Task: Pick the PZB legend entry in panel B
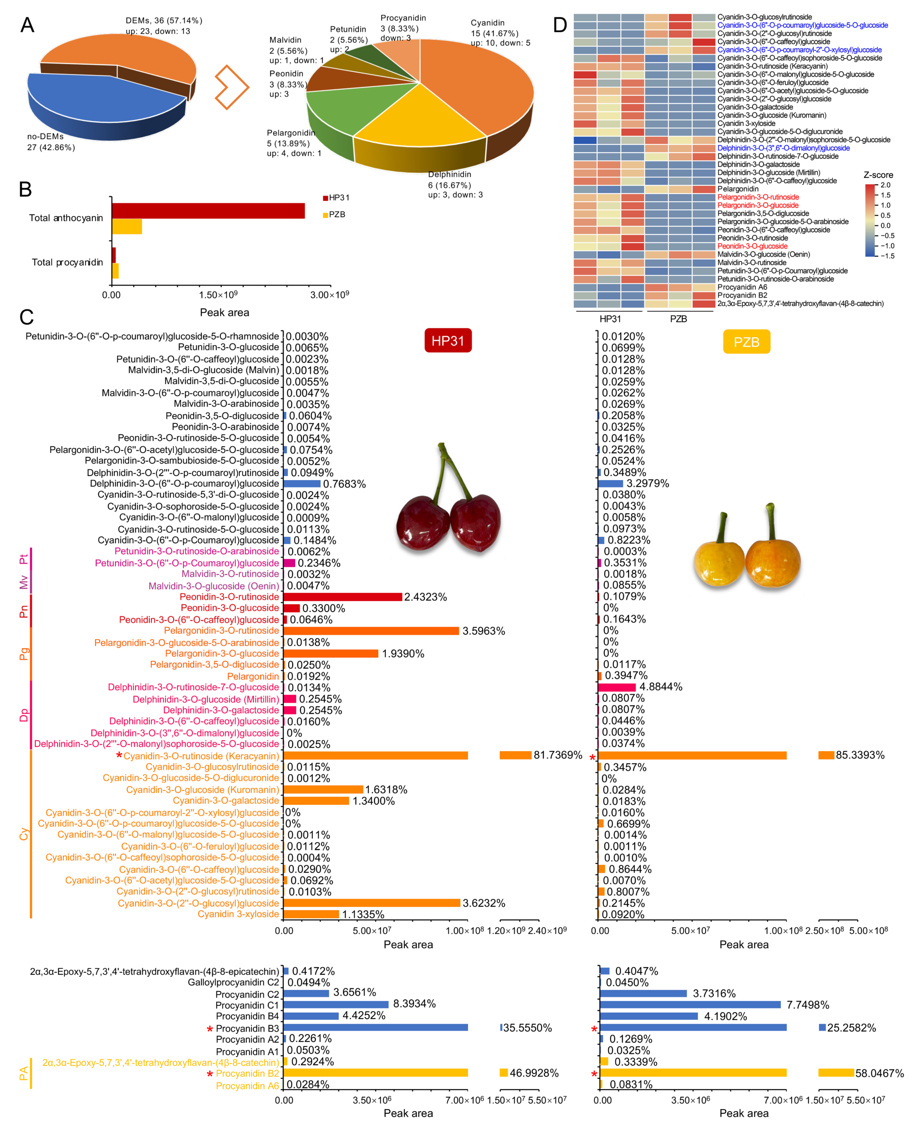pyautogui.click(x=334, y=215)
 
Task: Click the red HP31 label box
pyautogui.click(x=448, y=341)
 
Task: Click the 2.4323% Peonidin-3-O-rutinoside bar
pyautogui.click(x=342, y=597)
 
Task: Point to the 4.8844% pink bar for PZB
pyautogui.click(x=617, y=687)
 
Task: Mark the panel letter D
pyautogui.click(x=560, y=25)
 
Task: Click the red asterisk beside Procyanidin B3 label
pyautogui.click(x=210, y=1029)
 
